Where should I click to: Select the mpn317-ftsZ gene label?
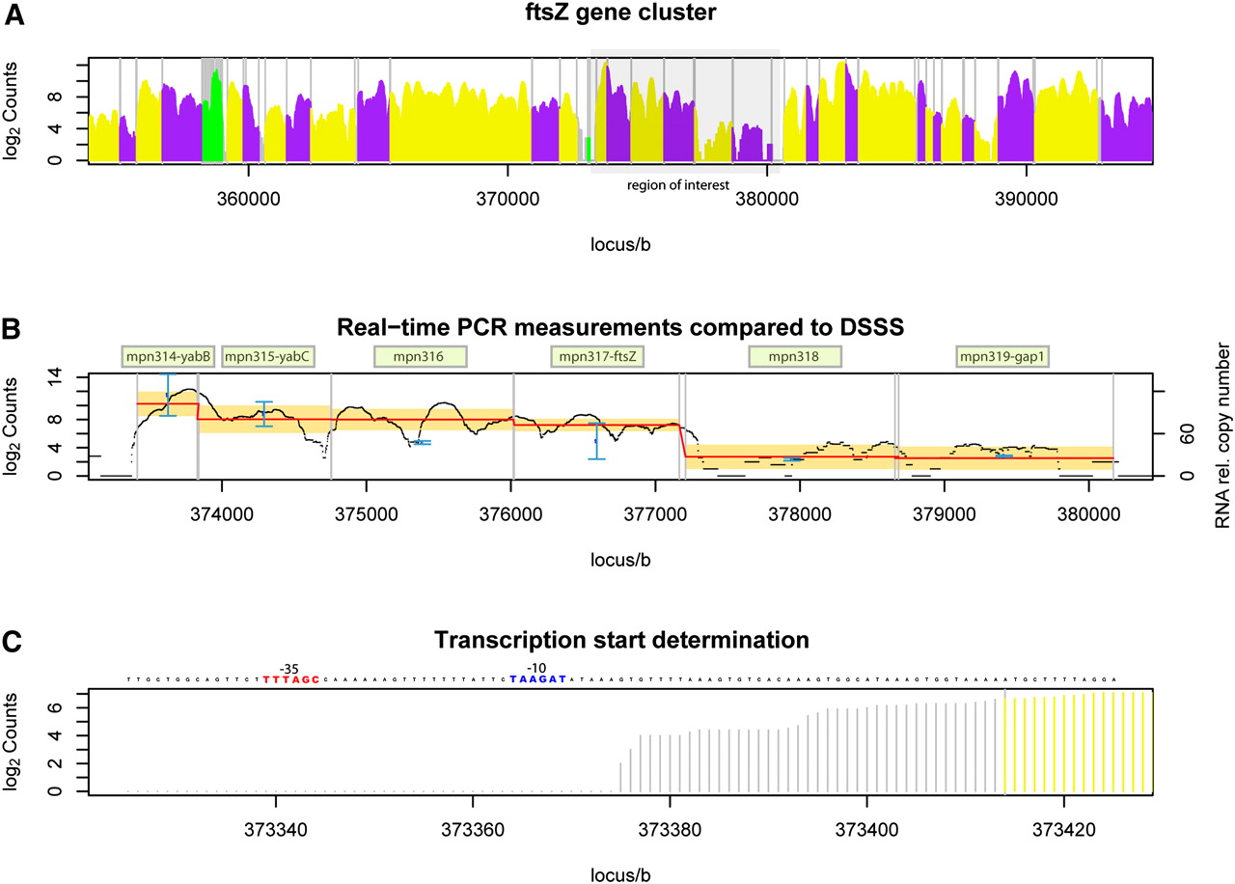point(597,357)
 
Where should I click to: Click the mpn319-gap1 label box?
point(1002,357)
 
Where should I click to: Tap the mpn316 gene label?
point(420,357)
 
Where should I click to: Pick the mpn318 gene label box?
point(794,357)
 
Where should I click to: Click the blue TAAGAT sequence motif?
point(538,679)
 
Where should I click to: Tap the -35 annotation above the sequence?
point(288,667)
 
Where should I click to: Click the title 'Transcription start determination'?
point(620,640)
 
